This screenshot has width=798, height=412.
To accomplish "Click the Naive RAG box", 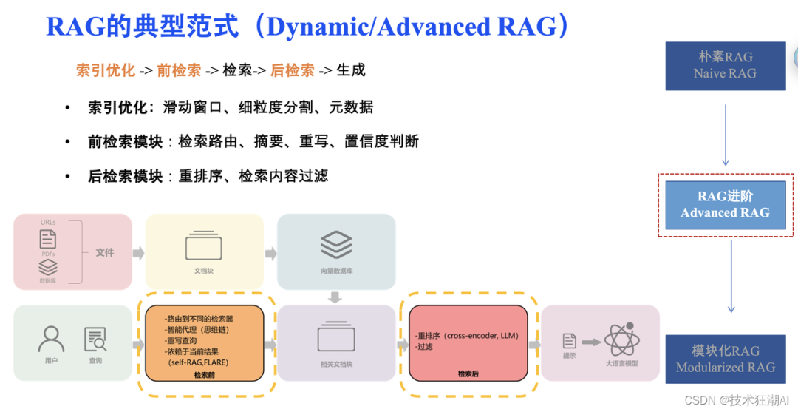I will pyautogui.click(x=725, y=66).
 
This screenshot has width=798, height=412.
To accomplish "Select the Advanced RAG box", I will pyautogui.click(x=725, y=205).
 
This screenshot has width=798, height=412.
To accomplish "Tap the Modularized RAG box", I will pyautogui.click(x=725, y=359).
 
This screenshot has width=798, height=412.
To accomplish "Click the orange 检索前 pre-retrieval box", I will pyautogui.click(x=205, y=342).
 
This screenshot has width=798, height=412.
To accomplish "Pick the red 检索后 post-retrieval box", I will pyautogui.click(x=468, y=342).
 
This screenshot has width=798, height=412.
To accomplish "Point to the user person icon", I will pyautogui.click(x=51, y=339).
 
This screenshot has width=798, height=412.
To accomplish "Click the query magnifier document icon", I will pyautogui.click(x=96, y=339).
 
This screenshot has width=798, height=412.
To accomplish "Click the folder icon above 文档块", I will pyautogui.click(x=204, y=245).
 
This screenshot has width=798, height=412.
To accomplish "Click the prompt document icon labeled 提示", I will pyautogui.click(x=570, y=341).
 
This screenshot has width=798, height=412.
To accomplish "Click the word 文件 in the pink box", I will pyautogui.click(x=105, y=252).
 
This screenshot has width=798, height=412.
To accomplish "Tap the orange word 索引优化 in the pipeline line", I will pyautogui.click(x=106, y=71).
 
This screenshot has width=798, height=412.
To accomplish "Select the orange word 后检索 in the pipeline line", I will pyautogui.click(x=293, y=71).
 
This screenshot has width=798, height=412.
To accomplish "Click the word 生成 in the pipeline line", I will pyautogui.click(x=351, y=71).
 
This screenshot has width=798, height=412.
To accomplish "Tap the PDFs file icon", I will pyautogui.click(x=48, y=240).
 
